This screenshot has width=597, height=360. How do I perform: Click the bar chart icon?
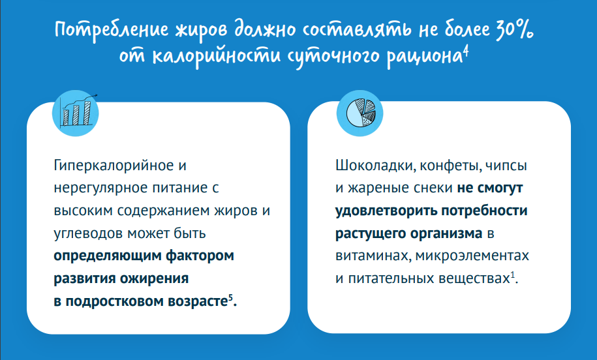[76, 113]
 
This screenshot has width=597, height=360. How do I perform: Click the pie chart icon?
[360, 113]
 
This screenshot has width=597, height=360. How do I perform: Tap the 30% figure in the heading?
[514, 29]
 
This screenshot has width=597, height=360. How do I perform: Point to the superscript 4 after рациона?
[466, 52]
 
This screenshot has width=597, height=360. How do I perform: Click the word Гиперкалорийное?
[114, 166]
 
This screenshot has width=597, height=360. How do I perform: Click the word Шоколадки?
[375, 166]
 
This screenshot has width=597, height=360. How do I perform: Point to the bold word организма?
[446, 233]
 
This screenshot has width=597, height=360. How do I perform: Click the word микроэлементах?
[472, 256]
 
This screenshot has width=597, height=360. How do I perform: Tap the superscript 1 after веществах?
[512, 274]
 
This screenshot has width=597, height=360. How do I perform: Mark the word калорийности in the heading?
[216, 56]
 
